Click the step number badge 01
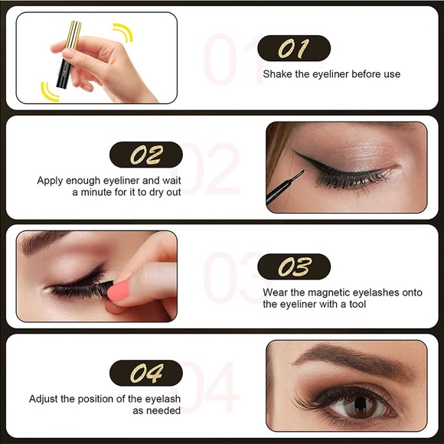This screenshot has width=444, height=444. pos(294,49)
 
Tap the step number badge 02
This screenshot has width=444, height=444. pos(146,155)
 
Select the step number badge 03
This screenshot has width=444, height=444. pos(294,267)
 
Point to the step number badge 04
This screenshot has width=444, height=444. pos(146,373)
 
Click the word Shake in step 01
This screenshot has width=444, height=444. pos(277,74)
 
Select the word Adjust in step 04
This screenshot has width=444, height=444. pos(44,399)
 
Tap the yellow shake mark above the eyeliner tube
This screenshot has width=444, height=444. pos(123,32)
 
